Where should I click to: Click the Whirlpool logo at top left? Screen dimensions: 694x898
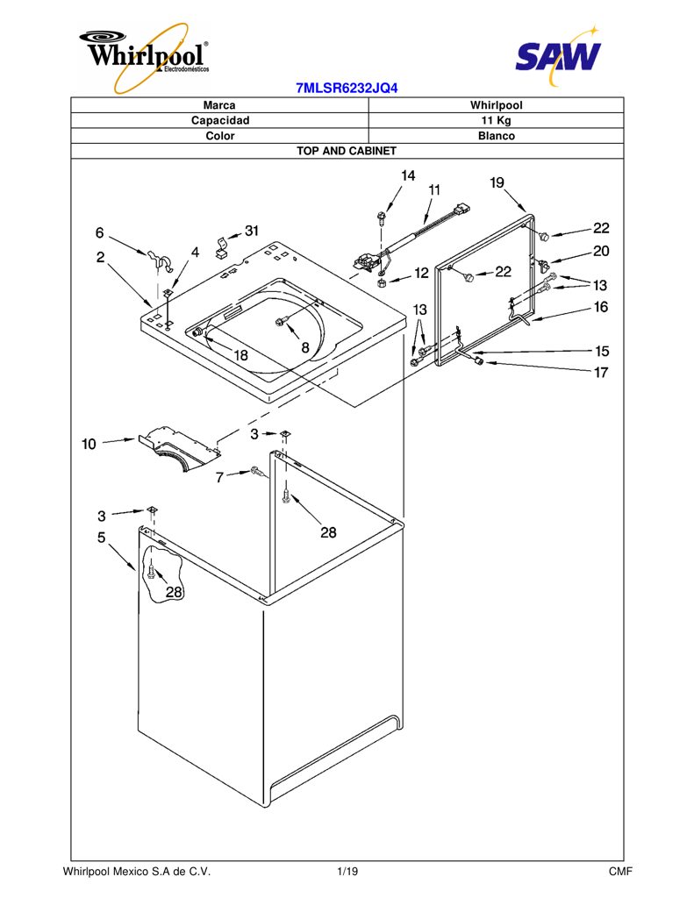click(144, 56)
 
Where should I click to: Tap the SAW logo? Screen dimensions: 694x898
click(558, 55)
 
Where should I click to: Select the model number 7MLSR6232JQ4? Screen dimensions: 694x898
click(347, 89)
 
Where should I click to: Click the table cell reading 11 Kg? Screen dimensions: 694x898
click(496, 120)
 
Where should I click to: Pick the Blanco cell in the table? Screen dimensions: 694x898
click(497, 136)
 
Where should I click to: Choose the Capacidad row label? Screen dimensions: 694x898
click(220, 120)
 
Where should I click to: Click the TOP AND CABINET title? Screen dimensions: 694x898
click(347, 151)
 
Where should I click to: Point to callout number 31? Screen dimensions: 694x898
click(252, 231)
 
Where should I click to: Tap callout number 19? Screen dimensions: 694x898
click(497, 182)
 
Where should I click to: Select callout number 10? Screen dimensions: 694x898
click(89, 444)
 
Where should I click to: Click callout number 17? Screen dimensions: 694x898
click(601, 372)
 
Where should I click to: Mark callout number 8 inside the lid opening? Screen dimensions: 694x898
click(305, 347)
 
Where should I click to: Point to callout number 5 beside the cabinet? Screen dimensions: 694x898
click(102, 538)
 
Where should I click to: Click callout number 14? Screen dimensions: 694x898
click(408, 175)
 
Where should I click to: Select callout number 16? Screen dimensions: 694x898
click(601, 307)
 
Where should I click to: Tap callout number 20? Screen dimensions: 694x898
click(601, 251)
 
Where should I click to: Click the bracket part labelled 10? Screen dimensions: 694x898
click(179, 448)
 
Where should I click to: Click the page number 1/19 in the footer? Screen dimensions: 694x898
click(347, 872)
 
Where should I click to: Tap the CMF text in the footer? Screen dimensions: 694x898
click(620, 872)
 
